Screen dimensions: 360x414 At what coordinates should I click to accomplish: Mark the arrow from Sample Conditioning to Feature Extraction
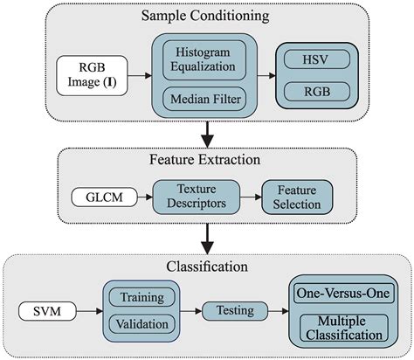pyautogui.click(x=206, y=133)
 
